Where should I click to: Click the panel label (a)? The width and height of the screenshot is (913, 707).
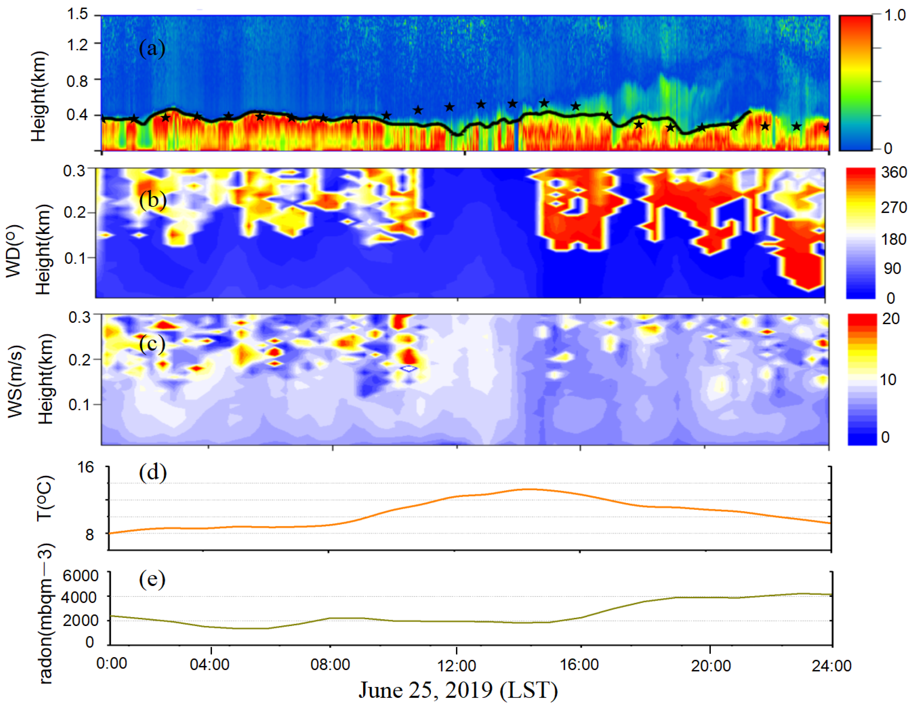[152, 49]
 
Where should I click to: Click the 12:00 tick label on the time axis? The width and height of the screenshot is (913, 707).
[456, 665]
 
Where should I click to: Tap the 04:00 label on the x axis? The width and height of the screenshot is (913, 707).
[210, 665]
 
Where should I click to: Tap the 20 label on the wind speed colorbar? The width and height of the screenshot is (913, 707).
[891, 319]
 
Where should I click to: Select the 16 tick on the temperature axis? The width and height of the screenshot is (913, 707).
[86, 467]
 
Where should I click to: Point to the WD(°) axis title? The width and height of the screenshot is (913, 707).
[14, 251]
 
